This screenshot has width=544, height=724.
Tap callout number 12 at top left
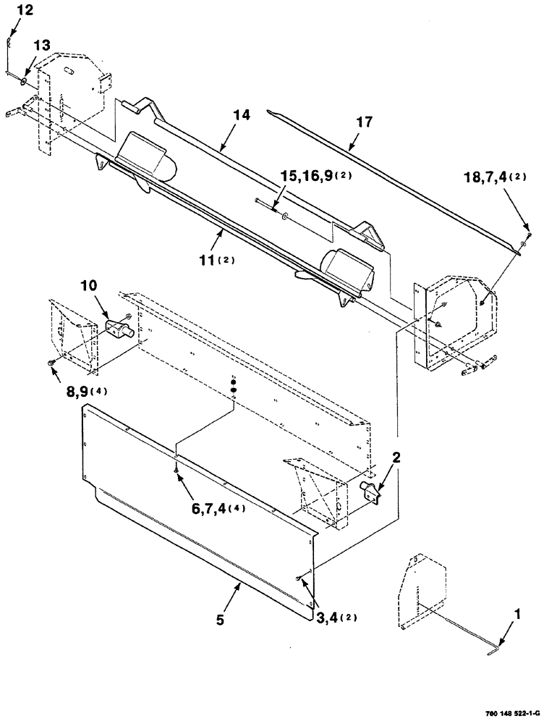click(x=25, y=11)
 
